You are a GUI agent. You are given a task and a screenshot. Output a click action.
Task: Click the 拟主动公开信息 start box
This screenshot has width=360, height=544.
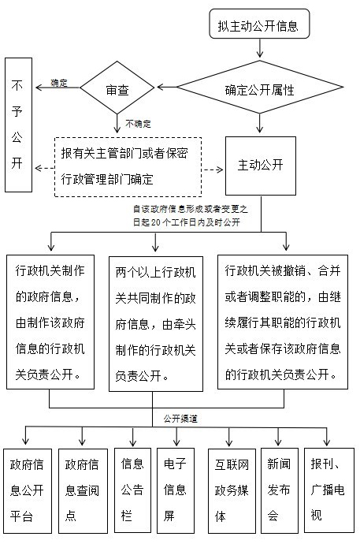pos(259,24)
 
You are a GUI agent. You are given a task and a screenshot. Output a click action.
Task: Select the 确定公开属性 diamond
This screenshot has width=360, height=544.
pos(260,87)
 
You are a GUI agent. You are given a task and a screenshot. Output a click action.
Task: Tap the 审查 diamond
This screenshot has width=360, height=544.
pos(117,88)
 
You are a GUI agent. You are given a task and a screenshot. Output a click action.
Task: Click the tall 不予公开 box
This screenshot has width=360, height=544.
pos(18,125)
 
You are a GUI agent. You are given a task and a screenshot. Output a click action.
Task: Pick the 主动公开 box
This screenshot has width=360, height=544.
pos(261,166)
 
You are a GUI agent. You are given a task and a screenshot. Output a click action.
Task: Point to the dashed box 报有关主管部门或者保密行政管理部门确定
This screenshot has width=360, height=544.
pos(128,167)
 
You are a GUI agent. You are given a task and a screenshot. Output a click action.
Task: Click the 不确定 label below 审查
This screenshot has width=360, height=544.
pos(138,124)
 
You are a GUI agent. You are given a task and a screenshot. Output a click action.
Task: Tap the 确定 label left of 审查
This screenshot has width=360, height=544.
pos(59,83)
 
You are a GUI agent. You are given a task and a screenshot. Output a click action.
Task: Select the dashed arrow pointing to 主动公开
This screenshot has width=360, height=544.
pos(213,170)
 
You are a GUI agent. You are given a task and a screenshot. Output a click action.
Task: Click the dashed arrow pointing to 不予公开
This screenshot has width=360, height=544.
pos(44,168)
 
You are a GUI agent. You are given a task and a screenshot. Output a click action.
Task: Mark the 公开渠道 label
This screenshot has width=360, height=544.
pos(180,419)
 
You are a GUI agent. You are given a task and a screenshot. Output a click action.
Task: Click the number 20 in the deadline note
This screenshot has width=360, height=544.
pos(155,222)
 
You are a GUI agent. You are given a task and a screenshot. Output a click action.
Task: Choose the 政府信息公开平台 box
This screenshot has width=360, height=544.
pos(28,491)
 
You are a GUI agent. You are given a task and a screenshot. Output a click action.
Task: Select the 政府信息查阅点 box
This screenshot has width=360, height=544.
pos(83,491)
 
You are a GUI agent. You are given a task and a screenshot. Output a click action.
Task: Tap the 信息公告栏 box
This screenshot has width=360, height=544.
pos(132,490)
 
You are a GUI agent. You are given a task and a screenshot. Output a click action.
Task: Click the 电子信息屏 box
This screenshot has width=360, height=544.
pos(176,491)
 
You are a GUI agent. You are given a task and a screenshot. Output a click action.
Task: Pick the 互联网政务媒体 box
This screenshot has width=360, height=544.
pos(232,491)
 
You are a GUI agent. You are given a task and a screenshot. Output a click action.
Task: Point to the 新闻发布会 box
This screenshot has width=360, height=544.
pos(280,490)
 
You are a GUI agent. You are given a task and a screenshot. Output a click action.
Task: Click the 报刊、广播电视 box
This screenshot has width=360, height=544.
pos(329,490)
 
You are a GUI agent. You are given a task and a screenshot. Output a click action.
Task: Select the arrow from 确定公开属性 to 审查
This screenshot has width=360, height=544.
pos(167,87)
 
